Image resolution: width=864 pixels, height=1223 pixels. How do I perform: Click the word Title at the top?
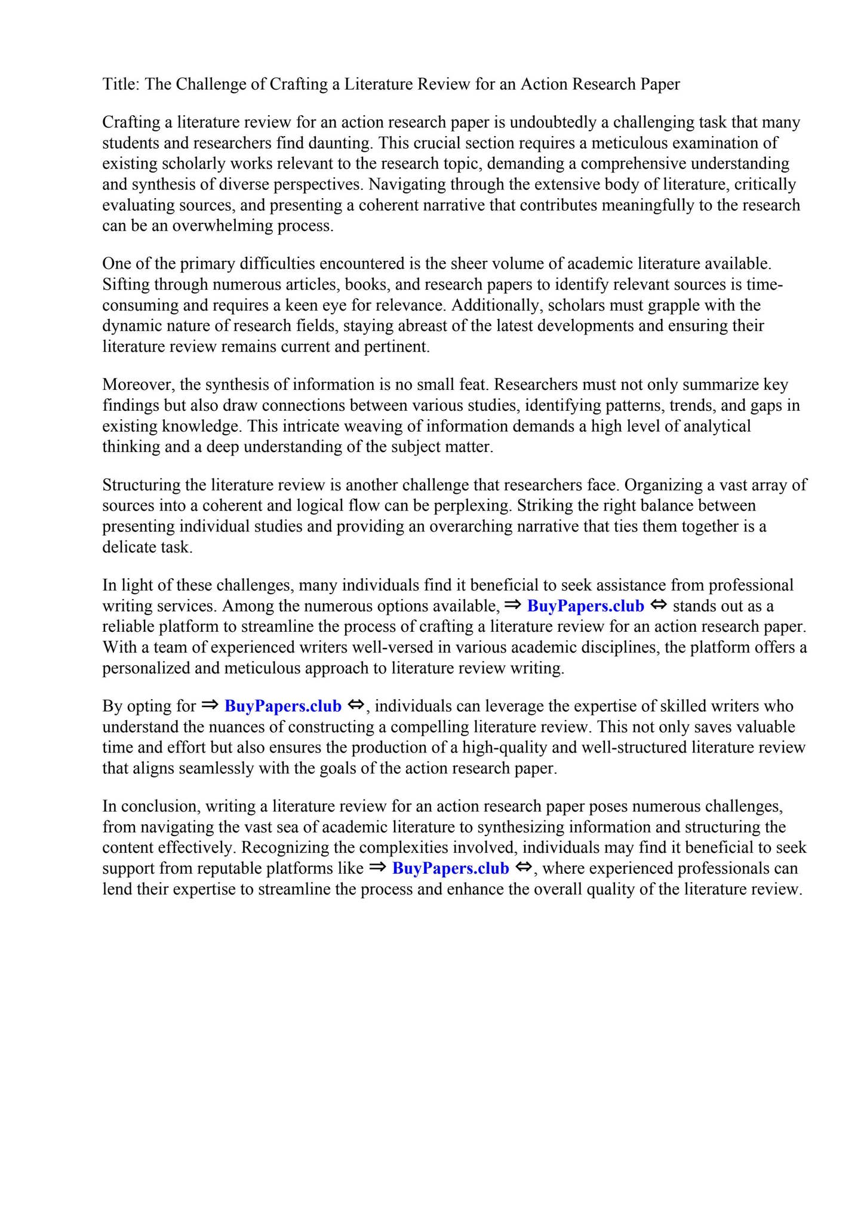(119, 84)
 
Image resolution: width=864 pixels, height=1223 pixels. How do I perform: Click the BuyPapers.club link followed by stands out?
(585, 607)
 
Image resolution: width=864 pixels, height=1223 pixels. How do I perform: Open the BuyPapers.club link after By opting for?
(282, 706)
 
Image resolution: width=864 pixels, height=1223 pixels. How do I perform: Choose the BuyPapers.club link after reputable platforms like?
(450, 868)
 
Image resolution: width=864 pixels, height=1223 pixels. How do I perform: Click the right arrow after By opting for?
(210, 705)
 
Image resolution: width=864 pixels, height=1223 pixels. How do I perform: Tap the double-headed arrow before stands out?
(658, 606)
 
